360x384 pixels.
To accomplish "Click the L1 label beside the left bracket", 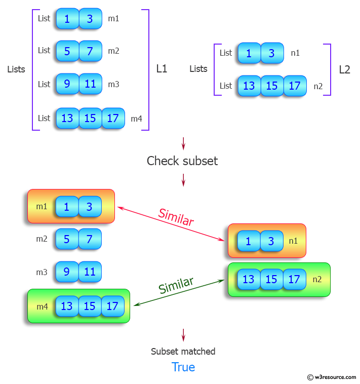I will (162, 69).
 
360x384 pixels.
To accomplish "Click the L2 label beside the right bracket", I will (344, 69).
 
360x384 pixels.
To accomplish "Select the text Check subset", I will (182, 161).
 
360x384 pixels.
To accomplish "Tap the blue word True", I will (183, 367).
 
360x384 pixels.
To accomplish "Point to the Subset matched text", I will (183, 351).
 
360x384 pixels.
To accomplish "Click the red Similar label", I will (176, 217).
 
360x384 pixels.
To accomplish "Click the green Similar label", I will (176, 286).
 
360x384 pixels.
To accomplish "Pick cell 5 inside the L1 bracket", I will (67, 51).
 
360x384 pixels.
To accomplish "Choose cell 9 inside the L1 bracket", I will (67, 84).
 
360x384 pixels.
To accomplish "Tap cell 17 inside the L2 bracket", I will (295, 86).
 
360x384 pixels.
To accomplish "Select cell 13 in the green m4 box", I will (67, 306).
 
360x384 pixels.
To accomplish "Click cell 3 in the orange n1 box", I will (271, 241).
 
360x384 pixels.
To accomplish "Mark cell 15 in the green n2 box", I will (271, 279).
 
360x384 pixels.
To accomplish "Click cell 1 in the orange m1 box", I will (67, 206).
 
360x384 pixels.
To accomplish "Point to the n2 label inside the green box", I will (317, 279).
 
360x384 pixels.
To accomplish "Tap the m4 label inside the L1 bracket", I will (136, 119).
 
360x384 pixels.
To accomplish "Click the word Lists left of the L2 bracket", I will (198, 69).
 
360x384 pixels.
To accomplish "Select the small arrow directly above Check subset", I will (183, 143).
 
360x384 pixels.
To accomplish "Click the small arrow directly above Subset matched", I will (183, 335).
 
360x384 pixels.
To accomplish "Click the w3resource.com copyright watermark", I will (331, 377).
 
